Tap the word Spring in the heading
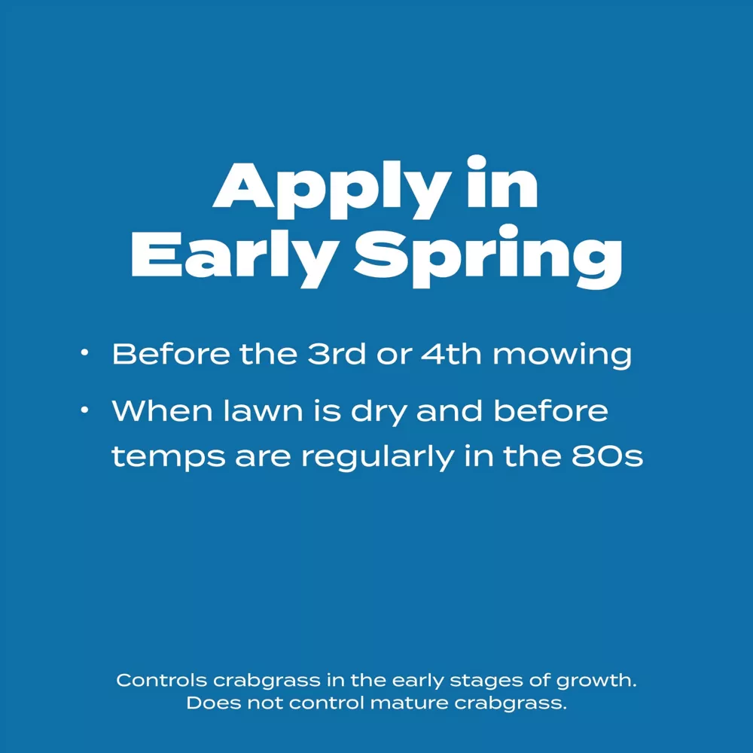pos(488,257)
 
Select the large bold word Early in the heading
pos(233,258)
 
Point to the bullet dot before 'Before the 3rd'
pos(84,353)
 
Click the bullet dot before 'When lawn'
pos(84,410)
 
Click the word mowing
pos(562,356)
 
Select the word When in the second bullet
pos(163,411)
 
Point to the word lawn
pos(263,411)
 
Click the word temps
pos(168,458)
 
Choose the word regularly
pos(377,458)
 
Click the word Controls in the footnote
pos(161,680)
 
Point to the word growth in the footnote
pos(596,681)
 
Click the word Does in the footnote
pos(214,703)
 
